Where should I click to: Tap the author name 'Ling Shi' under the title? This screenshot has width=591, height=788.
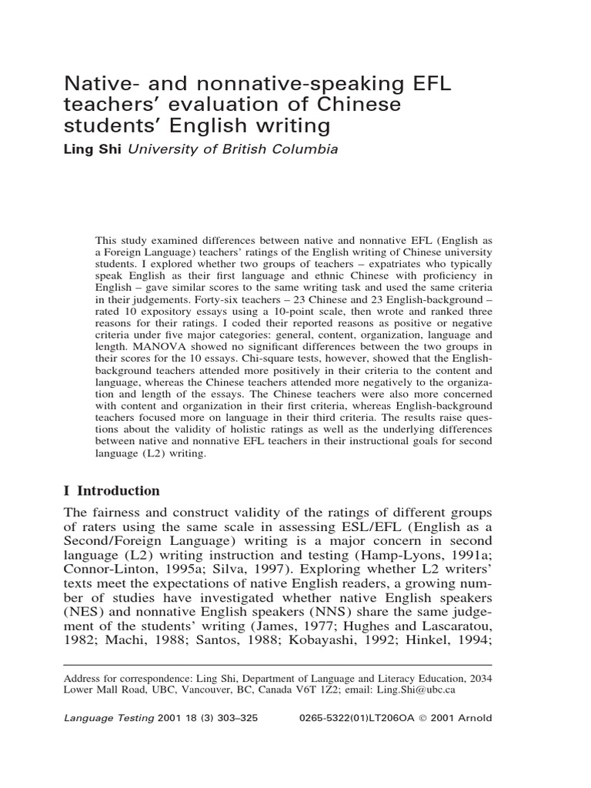tap(92, 149)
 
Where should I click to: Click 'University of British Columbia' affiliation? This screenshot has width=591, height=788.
tap(232, 149)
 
